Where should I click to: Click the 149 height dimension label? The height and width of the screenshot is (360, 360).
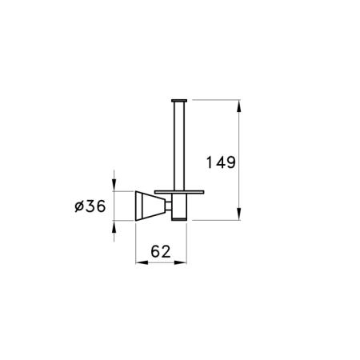[221, 162]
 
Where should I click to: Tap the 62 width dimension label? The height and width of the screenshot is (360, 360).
[161, 251]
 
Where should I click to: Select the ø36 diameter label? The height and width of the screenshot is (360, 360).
[90, 206]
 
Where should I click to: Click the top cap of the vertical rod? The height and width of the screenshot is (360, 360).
[179, 101]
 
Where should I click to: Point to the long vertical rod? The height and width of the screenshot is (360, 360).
[179, 146]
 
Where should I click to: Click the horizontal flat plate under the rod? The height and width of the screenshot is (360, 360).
[179, 192]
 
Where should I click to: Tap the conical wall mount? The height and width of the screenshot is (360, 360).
[150, 206]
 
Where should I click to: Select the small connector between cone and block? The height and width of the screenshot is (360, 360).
[168, 206]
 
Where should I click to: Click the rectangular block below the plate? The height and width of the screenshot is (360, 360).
[179, 207]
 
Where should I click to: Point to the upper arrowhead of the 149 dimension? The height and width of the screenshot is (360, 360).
[239, 106]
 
